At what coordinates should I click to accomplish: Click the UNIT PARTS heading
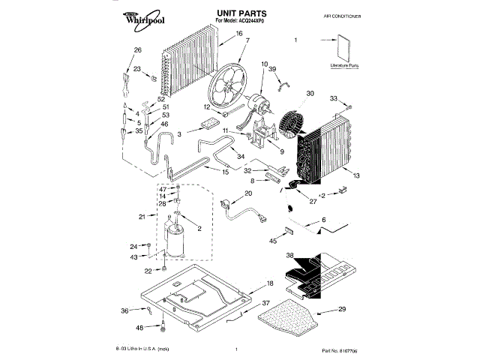pos(239,13)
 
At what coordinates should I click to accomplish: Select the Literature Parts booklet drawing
pos(343,50)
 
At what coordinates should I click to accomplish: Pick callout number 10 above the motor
pos(264,64)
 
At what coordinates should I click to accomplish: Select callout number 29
pos(342,309)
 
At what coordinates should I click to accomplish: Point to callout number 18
pos(270,284)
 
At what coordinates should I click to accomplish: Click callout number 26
pos(137,50)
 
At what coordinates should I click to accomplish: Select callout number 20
pos(248,193)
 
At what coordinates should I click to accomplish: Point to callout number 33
pos(334,97)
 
